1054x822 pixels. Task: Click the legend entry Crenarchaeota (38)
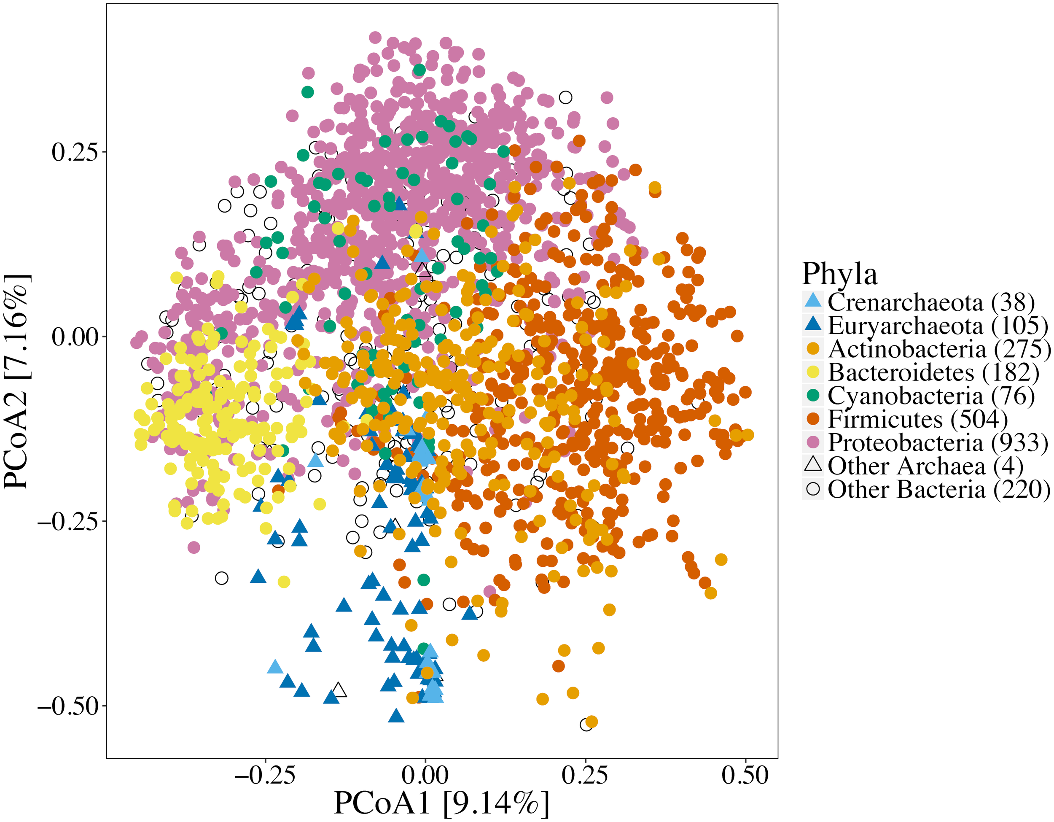pyautogui.click(x=930, y=303)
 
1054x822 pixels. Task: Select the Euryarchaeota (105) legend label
pyautogui.click(x=938, y=326)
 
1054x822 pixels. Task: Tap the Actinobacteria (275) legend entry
pyautogui.click(x=938, y=349)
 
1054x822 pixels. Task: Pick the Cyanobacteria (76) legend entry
pyautogui.click(x=930, y=396)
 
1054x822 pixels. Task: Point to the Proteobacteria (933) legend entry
pyautogui.click(x=938, y=442)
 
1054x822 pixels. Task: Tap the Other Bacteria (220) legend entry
pyautogui.click(x=938, y=489)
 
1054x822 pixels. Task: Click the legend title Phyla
pyautogui.click(x=839, y=274)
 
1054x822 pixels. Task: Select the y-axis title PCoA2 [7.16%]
pyautogui.click(x=17, y=381)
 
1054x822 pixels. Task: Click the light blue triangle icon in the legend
pyautogui.click(x=813, y=301)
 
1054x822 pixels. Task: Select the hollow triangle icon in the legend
pyautogui.click(x=813, y=465)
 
